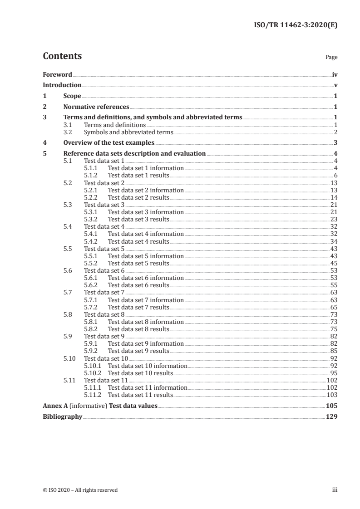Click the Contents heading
pyautogui.click(x=62, y=56)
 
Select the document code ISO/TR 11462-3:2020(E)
pyautogui.click(x=295, y=25)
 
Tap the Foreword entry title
pyautogui.click(x=57, y=74)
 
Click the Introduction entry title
pyautogui.click(x=62, y=85)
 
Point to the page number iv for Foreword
pyautogui.click(x=335, y=74)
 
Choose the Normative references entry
pyautogui.click(x=96, y=107)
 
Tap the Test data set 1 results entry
pyautogui.click(x=138, y=175)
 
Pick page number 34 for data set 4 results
pyautogui.click(x=334, y=241)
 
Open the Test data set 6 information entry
pyautogui.click(x=146, y=278)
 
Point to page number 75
pyautogui.click(x=334, y=329)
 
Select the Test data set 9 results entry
pyautogui.click(x=138, y=351)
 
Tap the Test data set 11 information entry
pyautogui.click(x=148, y=387)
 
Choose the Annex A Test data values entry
pyautogui.click(x=100, y=406)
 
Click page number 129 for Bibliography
pyautogui.click(x=332, y=416)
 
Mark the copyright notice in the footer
pyautogui.click(x=80, y=490)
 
